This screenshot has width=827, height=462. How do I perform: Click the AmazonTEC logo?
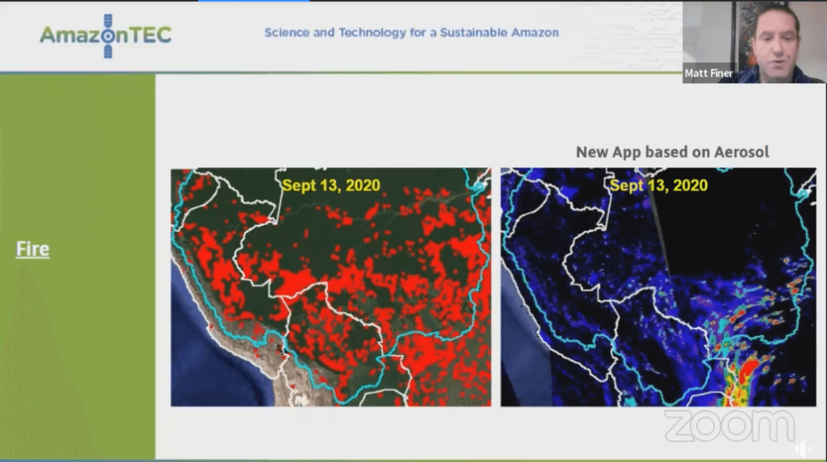106,36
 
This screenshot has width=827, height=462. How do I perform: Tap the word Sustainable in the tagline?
473,33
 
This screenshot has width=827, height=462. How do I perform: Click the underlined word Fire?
33,249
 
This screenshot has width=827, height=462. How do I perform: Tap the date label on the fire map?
331,185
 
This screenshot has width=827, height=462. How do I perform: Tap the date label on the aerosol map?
658,185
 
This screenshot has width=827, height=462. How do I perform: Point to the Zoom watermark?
728,426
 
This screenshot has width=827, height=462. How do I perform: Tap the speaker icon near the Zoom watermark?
802,448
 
